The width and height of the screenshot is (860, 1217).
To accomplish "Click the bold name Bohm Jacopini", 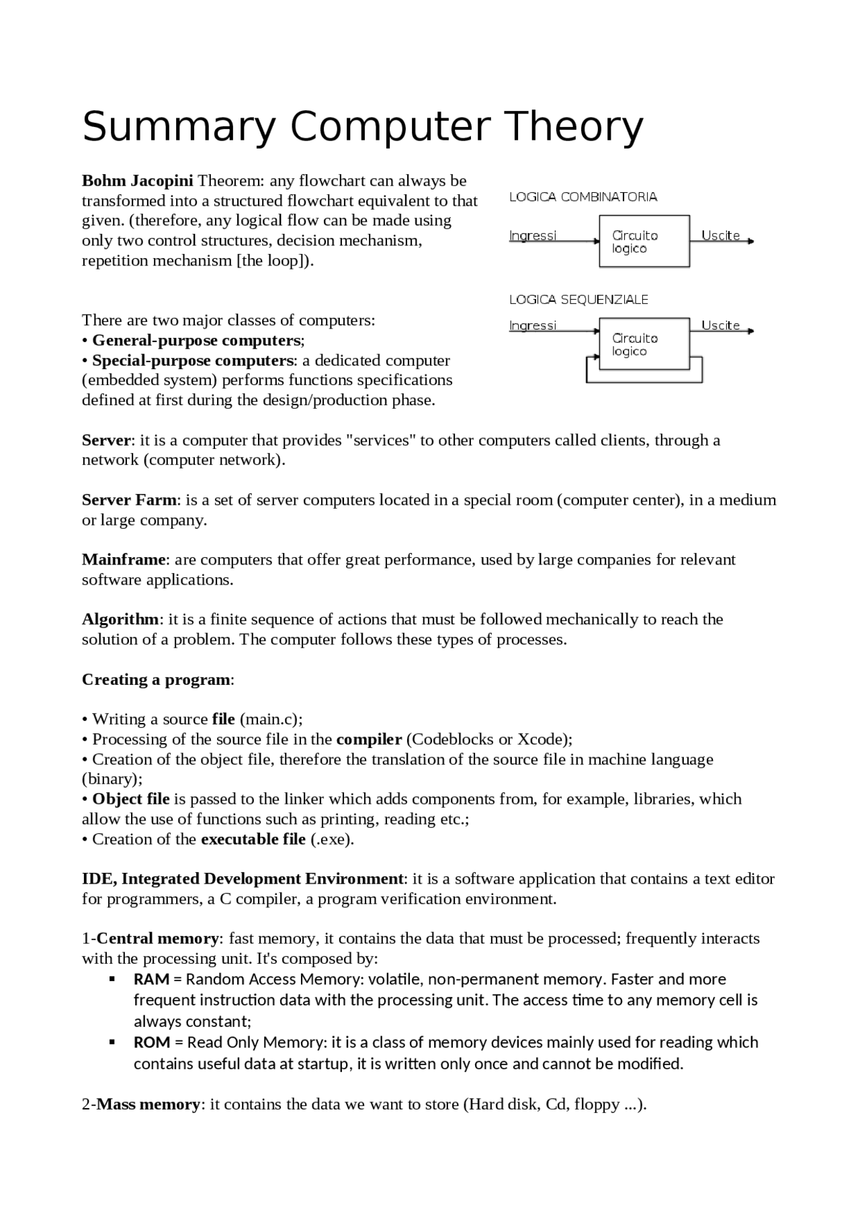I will [137, 181].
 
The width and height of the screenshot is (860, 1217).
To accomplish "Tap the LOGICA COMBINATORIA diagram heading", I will [583, 197].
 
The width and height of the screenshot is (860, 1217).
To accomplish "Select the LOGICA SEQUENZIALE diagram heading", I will [578, 300].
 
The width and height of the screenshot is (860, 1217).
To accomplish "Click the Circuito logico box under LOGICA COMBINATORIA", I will [644, 241].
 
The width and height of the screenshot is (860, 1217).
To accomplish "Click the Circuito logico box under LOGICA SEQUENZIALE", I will [644, 344].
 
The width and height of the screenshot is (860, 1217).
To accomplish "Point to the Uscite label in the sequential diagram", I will [720, 325].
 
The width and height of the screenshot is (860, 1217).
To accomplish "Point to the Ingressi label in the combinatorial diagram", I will [533, 235].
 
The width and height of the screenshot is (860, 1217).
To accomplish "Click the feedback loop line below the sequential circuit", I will [644, 382].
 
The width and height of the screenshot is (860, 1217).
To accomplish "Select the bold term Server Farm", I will [130, 500].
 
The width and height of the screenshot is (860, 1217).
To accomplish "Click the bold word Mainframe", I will [124, 560].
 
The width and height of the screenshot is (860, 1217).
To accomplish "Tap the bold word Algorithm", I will [120, 619].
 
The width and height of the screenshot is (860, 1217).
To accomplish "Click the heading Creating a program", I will [156, 679].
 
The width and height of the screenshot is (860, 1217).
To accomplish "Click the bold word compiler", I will [369, 739].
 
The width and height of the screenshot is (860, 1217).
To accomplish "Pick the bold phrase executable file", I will [253, 839].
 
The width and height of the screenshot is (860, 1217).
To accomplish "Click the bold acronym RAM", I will [151, 979].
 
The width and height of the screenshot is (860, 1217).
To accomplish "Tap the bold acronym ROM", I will [152, 1042].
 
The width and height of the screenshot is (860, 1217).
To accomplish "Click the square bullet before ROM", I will [113, 1042].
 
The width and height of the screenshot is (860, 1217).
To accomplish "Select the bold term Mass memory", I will [148, 1104].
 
